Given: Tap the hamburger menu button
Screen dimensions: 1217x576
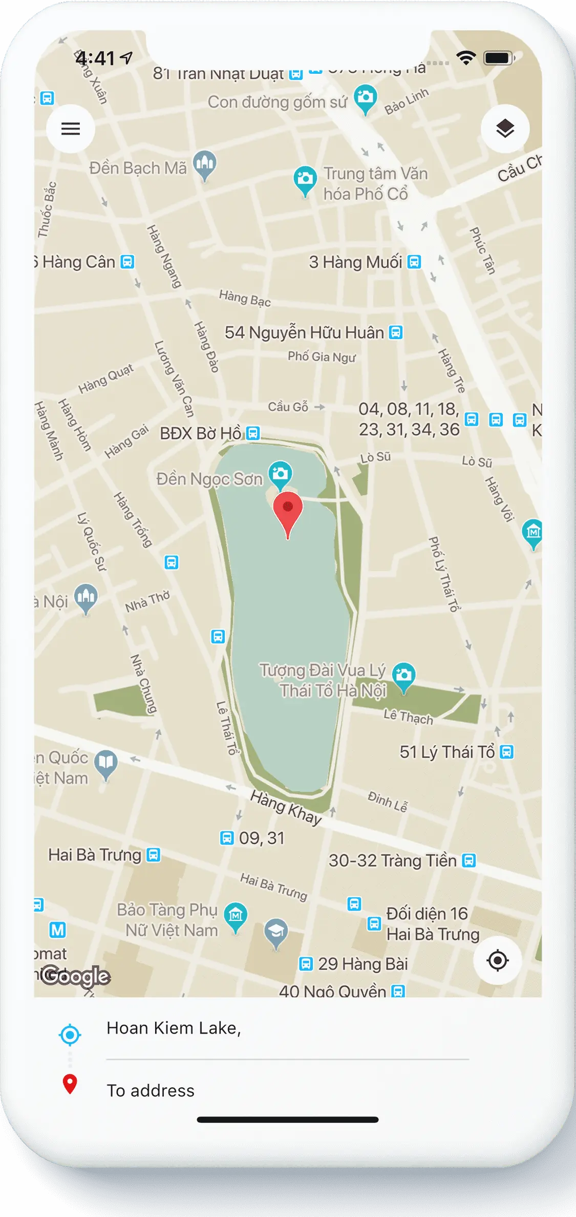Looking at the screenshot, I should tap(71, 129).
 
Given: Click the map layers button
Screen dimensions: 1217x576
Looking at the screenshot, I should tap(505, 129).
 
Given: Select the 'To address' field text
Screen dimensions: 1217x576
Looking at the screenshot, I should tap(151, 1090).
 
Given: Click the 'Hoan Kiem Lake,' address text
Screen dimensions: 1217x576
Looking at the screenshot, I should tap(174, 1028).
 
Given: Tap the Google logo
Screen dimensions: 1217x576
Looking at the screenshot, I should tap(75, 976).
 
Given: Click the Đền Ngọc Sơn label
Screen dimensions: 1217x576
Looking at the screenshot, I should tap(209, 479).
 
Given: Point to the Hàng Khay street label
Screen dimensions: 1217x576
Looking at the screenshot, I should tap(286, 807).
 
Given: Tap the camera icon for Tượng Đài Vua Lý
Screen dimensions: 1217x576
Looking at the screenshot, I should tap(403, 676).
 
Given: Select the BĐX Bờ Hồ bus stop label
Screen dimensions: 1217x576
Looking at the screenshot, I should tap(200, 433).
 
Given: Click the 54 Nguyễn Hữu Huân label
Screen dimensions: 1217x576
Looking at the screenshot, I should tap(304, 332).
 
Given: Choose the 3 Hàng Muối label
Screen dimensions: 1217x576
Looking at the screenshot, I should tap(355, 262).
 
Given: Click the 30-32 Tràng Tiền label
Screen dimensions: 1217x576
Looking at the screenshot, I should tap(392, 861).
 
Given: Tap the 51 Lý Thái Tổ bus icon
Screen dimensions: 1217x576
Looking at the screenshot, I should tap(506, 752).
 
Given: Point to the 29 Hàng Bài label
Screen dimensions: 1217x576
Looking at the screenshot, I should tap(362, 964).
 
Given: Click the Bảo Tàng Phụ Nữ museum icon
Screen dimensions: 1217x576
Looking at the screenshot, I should tap(236, 915).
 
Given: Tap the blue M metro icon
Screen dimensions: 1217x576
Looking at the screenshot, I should tap(58, 930).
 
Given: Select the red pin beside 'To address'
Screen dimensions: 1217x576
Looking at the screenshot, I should tap(70, 1083).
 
